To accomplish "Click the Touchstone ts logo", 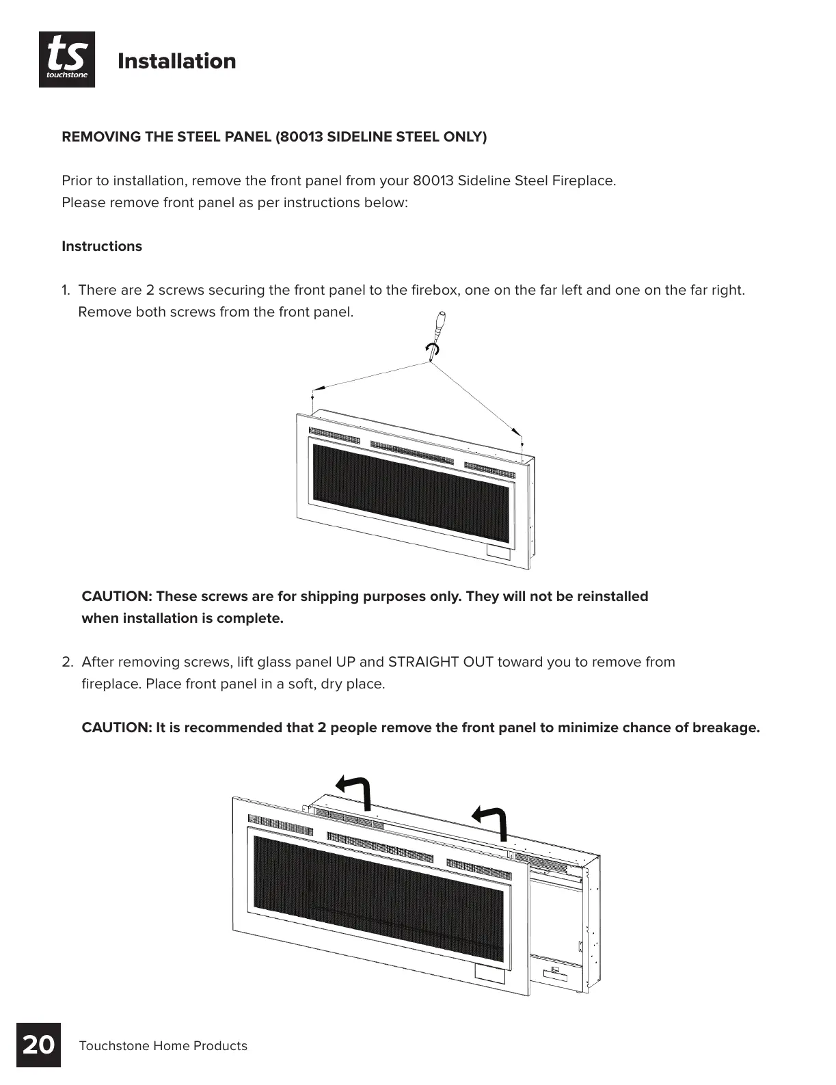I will [x=67, y=59].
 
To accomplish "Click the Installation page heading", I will [x=176, y=61].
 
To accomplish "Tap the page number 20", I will [x=38, y=1045].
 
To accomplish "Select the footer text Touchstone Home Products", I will [x=163, y=1046].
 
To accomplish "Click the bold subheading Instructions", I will [x=102, y=246].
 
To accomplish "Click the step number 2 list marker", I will [x=67, y=662].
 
